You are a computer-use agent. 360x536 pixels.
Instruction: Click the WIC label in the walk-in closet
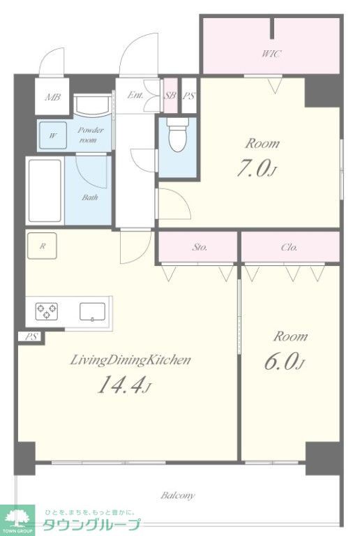pyautogui.click(x=272, y=54)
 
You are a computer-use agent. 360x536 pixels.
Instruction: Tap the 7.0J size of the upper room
pyautogui.click(x=256, y=169)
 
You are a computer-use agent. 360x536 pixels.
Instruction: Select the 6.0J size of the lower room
pyautogui.click(x=284, y=362)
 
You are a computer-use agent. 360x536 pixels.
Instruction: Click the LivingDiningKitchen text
pyautogui.click(x=130, y=360)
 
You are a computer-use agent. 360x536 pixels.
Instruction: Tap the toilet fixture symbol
pyautogui.click(x=178, y=135)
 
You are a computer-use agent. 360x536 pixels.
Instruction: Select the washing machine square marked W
pyautogui.click(x=52, y=135)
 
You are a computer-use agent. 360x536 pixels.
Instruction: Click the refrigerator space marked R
pyautogui.click(x=42, y=246)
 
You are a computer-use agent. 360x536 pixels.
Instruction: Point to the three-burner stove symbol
pyautogui.click(x=47, y=311)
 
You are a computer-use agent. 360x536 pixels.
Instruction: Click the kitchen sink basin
pyautogui.click(x=92, y=312)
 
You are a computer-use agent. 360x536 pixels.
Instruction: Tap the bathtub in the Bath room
pyautogui.click(x=45, y=191)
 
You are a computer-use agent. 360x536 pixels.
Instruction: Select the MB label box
pyautogui.click(x=52, y=97)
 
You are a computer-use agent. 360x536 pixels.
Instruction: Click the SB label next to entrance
pyautogui.click(x=170, y=96)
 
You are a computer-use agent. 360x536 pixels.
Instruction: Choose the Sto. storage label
pyautogui.click(x=200, y=247)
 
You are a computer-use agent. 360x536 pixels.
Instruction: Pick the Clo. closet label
pyautogui.click(x=289, y=247)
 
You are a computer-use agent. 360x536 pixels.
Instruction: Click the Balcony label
pyautogui.click(x=178, y=496)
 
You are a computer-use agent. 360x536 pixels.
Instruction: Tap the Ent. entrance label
pyautogui.click(x=135, y=95)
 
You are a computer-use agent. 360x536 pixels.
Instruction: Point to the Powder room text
pyautogui.click(x=90, y=135)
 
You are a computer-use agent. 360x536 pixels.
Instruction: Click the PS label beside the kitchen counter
pyautogui.click(x=31, y=336)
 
